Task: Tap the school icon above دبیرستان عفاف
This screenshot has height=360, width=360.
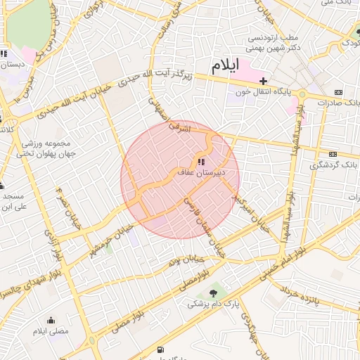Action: [201, 162]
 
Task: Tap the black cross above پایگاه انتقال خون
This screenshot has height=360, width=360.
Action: [263, 81]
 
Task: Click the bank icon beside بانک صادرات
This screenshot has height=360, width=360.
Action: [339, 92]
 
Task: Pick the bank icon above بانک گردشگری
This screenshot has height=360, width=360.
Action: [333, 155]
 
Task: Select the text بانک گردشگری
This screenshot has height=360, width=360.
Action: [333, 165]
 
